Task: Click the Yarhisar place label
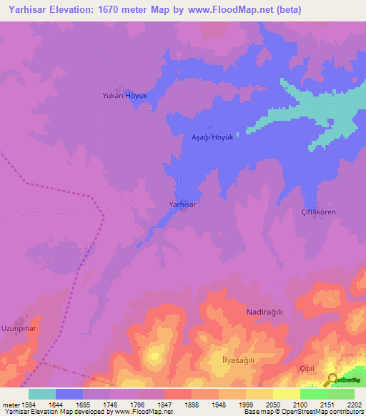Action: (182, 204)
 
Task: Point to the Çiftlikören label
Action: (317, 212)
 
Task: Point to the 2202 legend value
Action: (354, 404)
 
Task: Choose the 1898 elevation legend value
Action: (192, 404)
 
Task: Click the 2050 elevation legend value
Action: (272, 404)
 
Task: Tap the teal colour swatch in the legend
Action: (42, 394)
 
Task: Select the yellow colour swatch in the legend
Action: (287, 394)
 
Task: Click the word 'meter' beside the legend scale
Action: (11, 404)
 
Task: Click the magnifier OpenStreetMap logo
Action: (333, 381)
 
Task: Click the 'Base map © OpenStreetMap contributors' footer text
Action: (302, 412)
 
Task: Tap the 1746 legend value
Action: (110, 404)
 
